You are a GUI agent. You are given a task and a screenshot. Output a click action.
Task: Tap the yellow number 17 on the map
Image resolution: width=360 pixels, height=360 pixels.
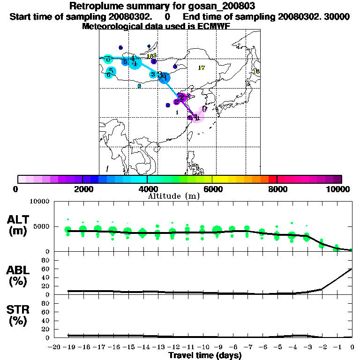(x=201, y=68)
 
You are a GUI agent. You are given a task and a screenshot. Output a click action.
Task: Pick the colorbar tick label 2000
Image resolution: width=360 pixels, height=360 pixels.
(x=82, y=189)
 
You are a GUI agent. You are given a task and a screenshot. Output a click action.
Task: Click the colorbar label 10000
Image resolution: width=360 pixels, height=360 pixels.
(x=339, y=189)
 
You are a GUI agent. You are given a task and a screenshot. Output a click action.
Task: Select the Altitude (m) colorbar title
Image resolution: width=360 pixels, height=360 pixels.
(x=173, y=196)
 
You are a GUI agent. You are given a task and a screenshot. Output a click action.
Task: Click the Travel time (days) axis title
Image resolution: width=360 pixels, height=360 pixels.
(x=205, y=356)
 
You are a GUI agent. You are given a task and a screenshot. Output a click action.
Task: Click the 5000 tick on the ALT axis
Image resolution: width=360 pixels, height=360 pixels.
(x=40, y=227)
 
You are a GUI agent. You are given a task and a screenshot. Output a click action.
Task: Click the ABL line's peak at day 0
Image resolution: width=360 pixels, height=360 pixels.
(x=352, y=269)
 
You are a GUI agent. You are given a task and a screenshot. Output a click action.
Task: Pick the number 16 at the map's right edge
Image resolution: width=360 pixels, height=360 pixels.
(x=256, y=71)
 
